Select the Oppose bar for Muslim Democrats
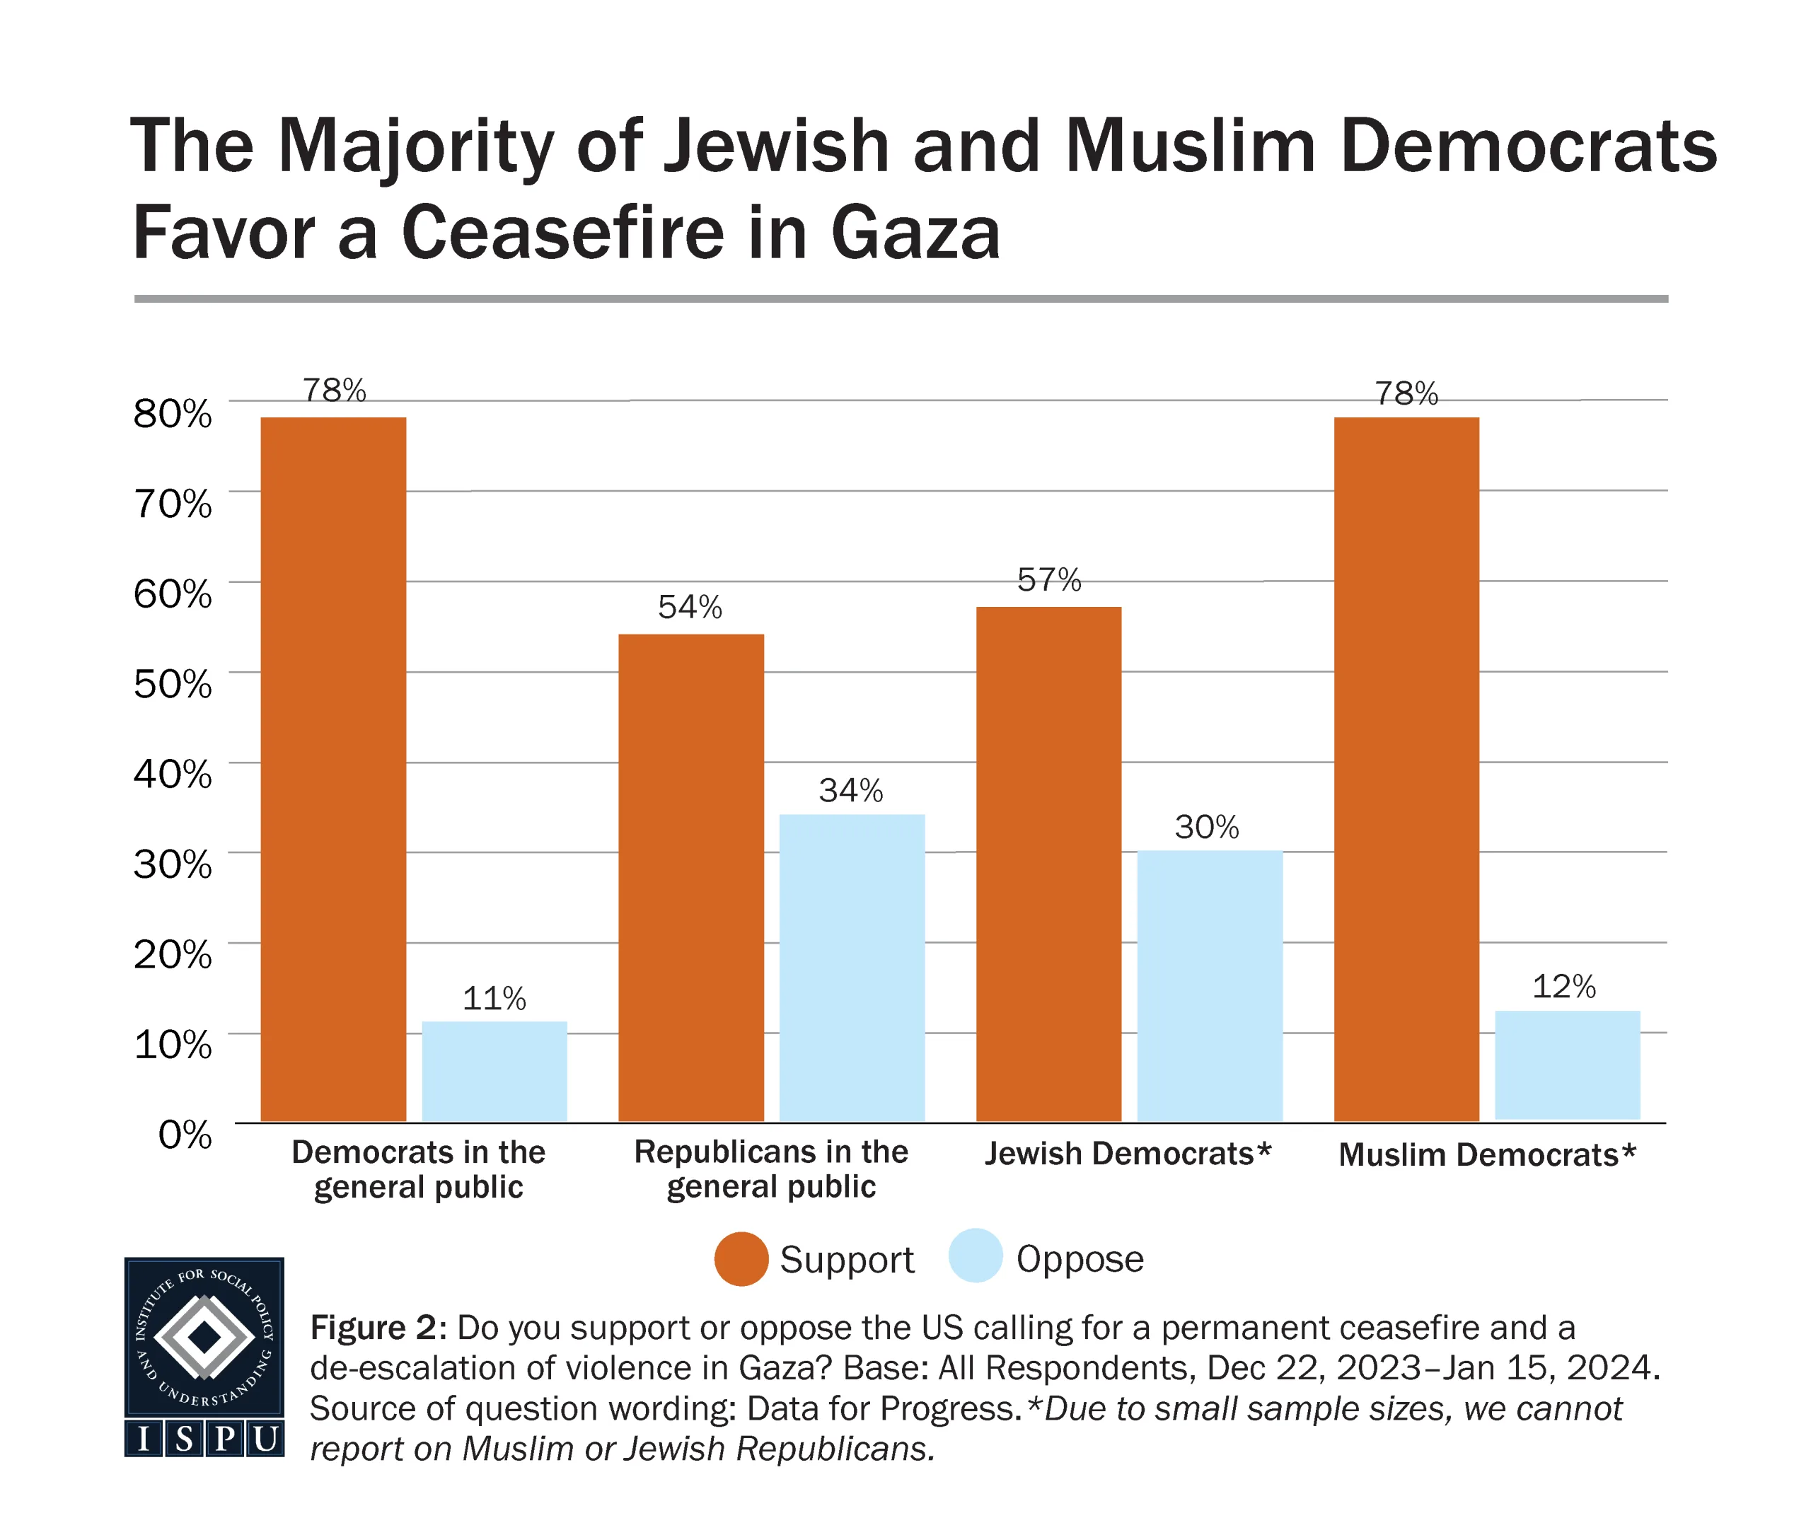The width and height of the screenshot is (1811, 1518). [x=1567, y=1065]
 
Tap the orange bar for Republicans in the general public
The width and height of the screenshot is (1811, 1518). [x=690, y=877]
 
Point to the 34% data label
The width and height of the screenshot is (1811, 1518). [x=850, y=790]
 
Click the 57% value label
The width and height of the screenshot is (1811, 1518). [x=1048, y=579]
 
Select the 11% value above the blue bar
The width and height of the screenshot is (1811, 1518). [x=494, y=999]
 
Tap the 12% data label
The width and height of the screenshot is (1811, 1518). [x=1563, y=987]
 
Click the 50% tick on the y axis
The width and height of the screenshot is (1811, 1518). [x=173, y=684]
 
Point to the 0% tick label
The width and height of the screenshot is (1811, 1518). [x=185, y=1134]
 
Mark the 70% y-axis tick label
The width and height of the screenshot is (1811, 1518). [x=173, y=504]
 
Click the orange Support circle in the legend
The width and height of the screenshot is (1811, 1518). [x=741, y=1259]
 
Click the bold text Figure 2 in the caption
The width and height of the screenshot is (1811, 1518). [x=377, y=1328]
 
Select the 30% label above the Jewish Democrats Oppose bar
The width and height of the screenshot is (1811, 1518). [x=1206, y=827]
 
